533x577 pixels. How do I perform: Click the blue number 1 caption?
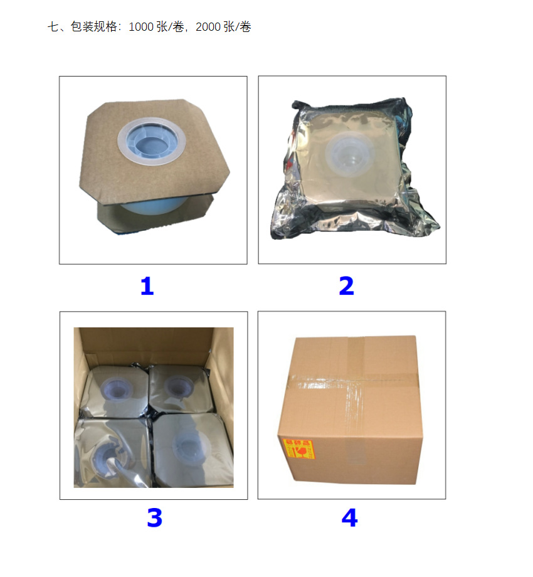tap(147, 287)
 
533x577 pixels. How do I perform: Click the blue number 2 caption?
tap(346, 287)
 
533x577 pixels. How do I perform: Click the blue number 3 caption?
tap(154, 518)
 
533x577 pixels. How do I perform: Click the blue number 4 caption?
tap(349, 518)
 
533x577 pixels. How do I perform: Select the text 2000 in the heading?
tap(208, 27)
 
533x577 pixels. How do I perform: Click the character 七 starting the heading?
tap(53, 27)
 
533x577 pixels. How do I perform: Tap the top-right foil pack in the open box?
tap(182, 387)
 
